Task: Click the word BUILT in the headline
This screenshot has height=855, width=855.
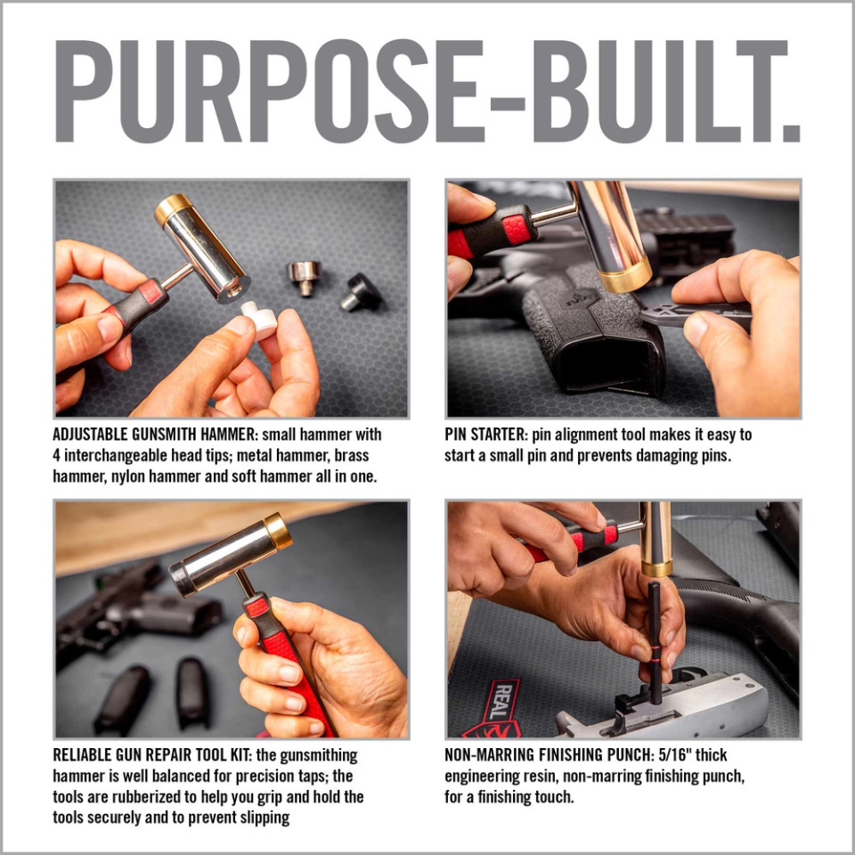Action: [677, 91]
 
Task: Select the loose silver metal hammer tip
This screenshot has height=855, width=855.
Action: [305, 277]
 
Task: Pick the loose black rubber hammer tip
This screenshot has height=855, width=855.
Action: [361, 291]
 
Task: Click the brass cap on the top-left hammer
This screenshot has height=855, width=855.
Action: [173, 210]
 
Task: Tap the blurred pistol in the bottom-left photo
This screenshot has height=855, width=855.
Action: [134, 606]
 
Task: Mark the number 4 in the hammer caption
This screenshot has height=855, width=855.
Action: [58, 456]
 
